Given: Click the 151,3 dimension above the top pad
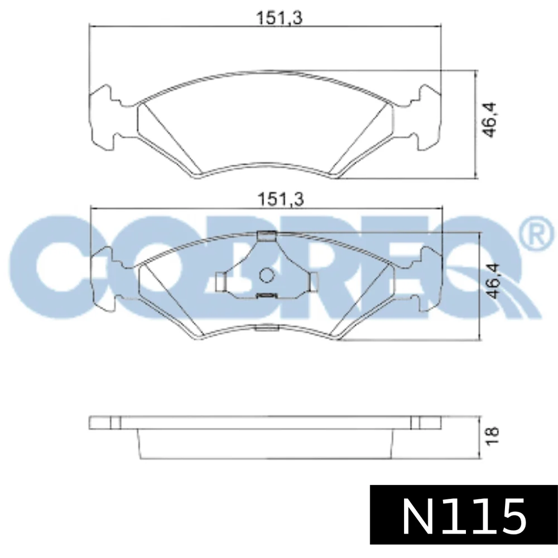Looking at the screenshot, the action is point(280,17).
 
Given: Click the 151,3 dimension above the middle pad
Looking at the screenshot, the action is point(281,199).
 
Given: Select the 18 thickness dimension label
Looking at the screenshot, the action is point(492,436).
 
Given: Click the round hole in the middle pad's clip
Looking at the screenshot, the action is point(266,275).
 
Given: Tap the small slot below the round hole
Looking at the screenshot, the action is point(266,295).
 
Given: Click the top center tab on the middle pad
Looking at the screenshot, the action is point(266,235).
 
